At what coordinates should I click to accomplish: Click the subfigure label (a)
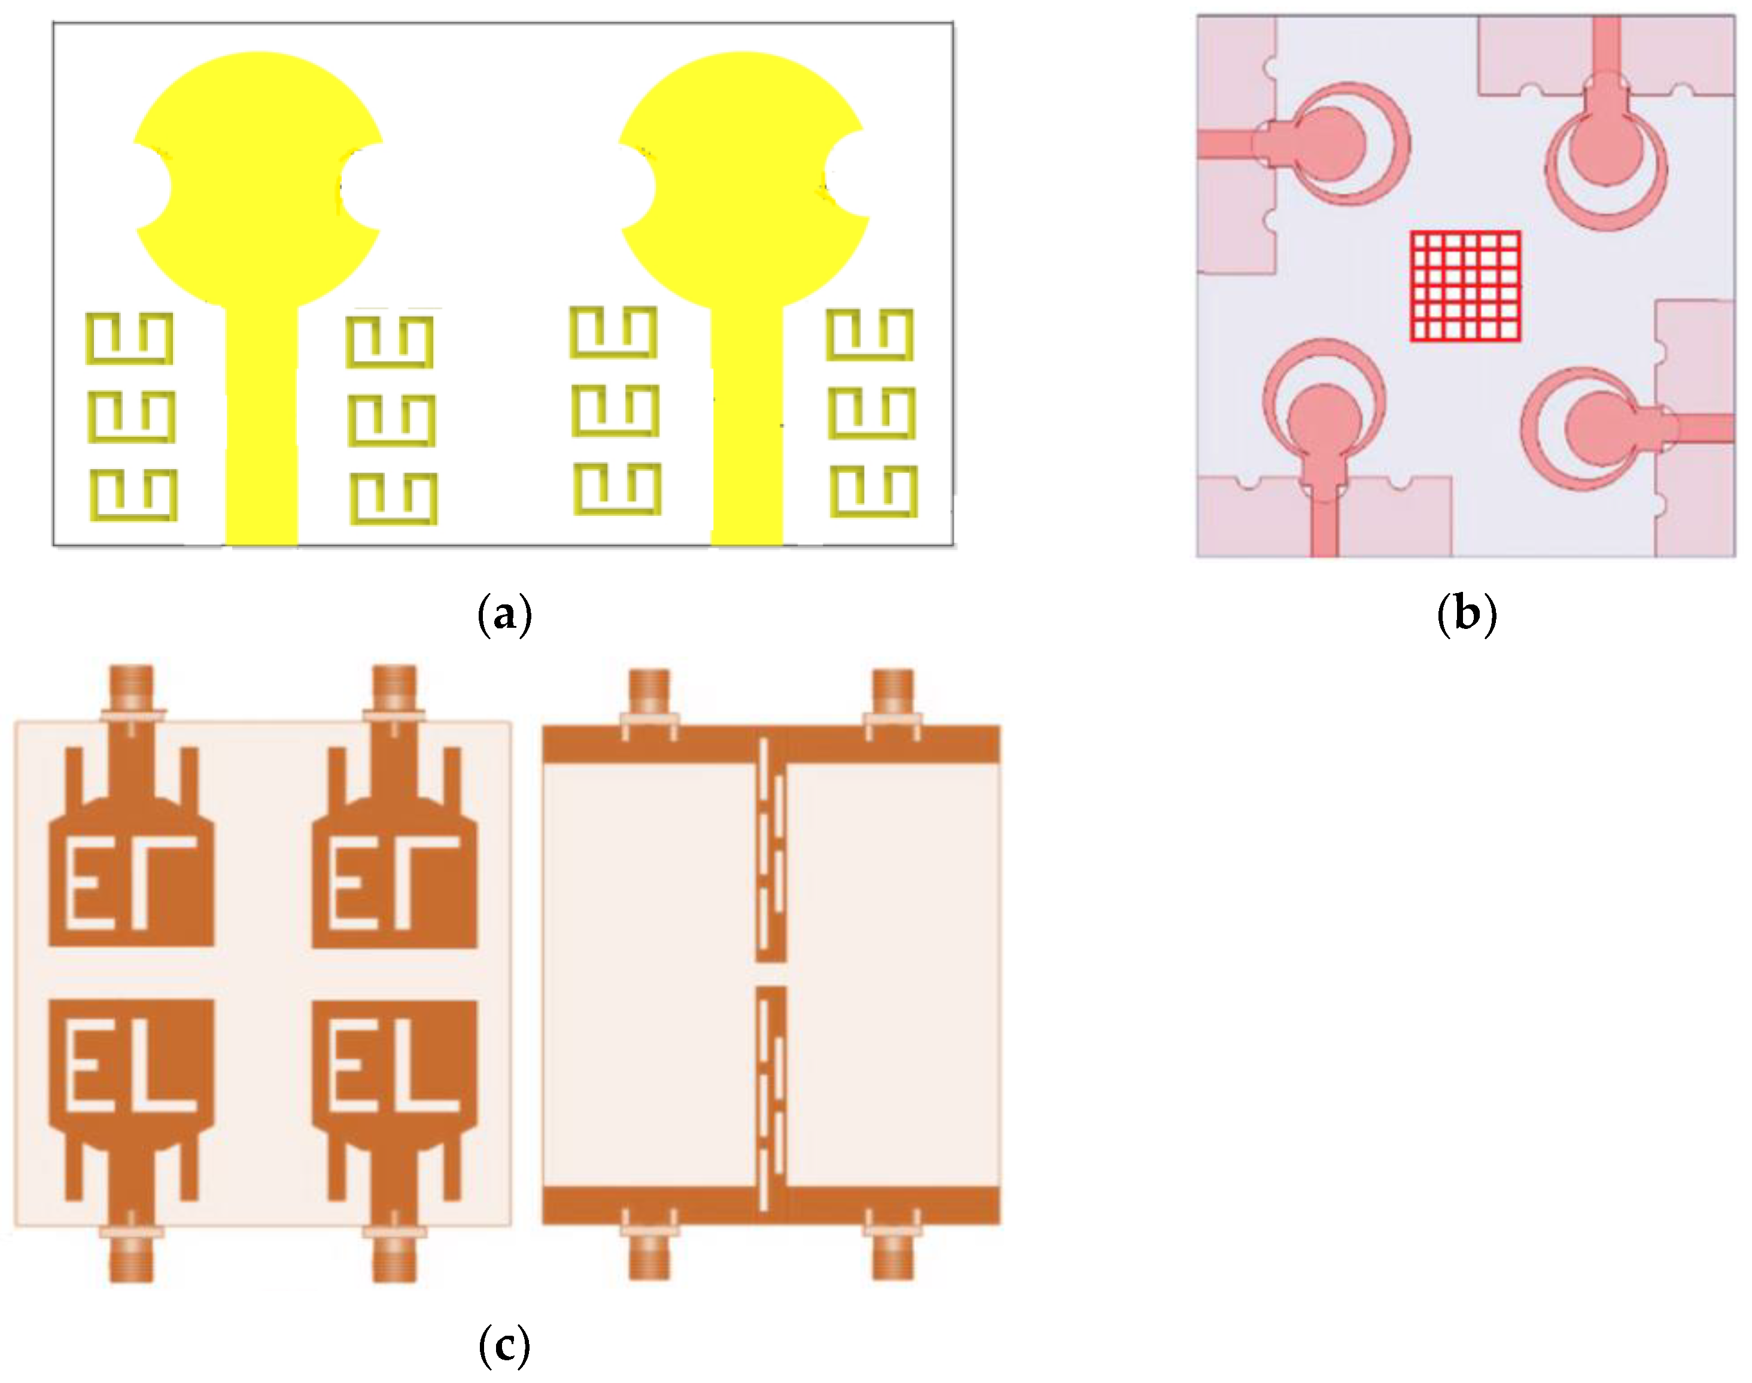(x=504, y=614)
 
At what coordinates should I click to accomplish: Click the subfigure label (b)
(x=1466, y=614)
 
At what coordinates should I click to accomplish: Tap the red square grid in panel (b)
(x=1465, y=286)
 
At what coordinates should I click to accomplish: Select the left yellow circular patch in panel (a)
(x=257, y=178)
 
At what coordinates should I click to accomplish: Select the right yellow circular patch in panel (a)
(x=743, y=178)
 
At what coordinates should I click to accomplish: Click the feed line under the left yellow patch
(x=261, y=429)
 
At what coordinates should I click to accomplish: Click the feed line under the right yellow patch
(x=747, y=429)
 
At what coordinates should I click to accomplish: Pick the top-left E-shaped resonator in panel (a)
(x=129, y=339)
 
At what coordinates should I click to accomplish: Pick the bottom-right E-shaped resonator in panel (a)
(x=874, y=491)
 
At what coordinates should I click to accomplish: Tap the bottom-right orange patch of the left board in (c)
(x=395, y=1069)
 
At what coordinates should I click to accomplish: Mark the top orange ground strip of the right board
(x=769, y=744)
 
